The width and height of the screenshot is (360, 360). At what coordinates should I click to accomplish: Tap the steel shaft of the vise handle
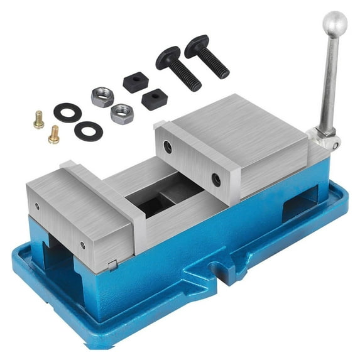[x=328, y=82]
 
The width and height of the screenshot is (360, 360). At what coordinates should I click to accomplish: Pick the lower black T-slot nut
[x=154, y=99]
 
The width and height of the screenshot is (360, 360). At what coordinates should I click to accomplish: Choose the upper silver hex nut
[x=101, y=96]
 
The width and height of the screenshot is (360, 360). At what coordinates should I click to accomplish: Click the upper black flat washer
[x=67, y=112]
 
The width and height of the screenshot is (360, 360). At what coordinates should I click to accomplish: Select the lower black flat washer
[x=87, y=131]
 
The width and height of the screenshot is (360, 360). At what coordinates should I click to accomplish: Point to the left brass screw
[x=39, y=119]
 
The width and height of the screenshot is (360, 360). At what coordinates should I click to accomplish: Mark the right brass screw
[x=54, y=134]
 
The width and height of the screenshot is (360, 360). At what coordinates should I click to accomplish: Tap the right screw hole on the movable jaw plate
[x=82, y=244]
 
